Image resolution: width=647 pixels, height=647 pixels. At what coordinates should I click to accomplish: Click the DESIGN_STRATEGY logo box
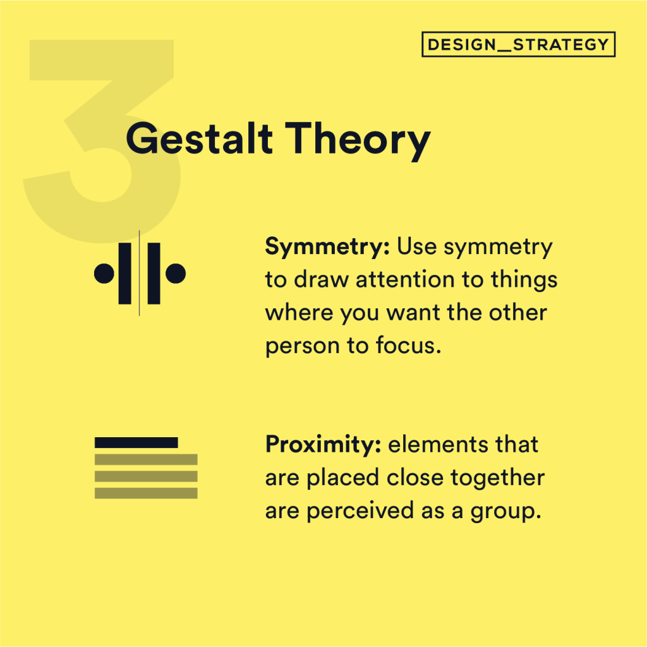coord(518,45)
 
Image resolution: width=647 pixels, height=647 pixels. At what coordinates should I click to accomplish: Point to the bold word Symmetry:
coord(327,247)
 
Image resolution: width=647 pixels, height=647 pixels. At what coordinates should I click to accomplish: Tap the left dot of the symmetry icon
coord(104,273)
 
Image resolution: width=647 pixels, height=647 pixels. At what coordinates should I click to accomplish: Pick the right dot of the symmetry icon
coord(176,273)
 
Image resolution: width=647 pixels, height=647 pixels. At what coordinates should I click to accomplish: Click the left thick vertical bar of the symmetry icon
coord(125,273)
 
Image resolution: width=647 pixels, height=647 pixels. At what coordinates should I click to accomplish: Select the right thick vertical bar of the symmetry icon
coord(154,273)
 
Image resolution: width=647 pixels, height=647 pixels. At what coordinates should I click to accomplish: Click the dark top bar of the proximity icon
coord(136,442)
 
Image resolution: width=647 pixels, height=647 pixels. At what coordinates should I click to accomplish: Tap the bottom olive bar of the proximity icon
coord(146,493)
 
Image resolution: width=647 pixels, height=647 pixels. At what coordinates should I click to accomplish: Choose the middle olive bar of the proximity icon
coord(146,476)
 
